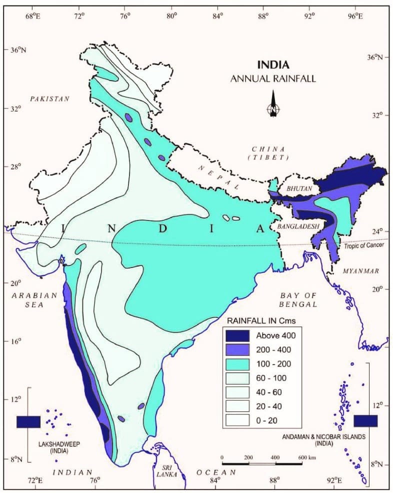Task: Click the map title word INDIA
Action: pos(273,65)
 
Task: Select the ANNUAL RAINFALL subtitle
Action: pos(273,78)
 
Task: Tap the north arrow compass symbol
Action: pos(273,104)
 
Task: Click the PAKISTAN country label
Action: pos(49,99)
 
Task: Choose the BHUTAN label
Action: pos(299,188)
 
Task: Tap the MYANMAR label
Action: pos(360,271)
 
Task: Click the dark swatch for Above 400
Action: pos(238,335)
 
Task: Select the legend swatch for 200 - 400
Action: pos(238,349)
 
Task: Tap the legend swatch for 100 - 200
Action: pos(238,363)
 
